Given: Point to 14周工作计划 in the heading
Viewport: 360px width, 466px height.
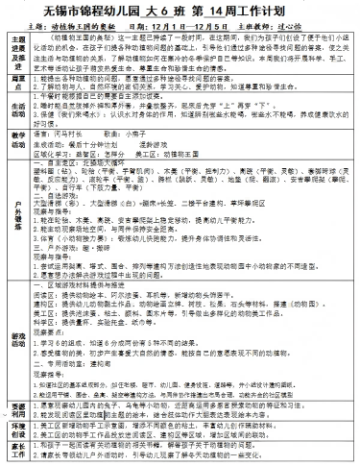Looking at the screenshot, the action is tap(260, 10).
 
